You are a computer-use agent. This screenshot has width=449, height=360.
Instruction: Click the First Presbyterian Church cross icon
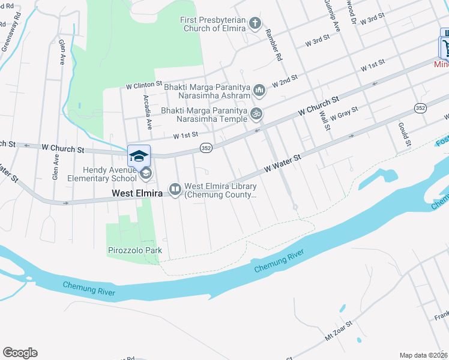tap(255, 24)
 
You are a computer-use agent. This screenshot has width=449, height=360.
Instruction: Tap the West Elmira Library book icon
tap(175, 190)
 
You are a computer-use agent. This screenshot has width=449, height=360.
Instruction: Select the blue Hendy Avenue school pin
tap(139, 156)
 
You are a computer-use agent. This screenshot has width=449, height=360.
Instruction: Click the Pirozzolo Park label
tap(135, 250)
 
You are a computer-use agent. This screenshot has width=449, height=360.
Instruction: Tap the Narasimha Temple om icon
tap(256, 113)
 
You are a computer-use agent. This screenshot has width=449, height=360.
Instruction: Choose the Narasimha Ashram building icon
tap(259, 91)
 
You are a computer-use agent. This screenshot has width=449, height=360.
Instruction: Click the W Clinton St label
tap(144, 86)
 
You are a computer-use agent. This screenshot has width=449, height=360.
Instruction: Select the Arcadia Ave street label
tap(146, 112)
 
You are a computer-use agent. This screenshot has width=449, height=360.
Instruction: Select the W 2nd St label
tap(285, 81)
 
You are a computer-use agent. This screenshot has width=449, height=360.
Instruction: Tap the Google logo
tap(20, 353)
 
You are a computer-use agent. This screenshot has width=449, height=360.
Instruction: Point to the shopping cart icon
tap(444, 47)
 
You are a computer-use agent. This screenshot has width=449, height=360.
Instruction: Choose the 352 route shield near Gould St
tap(419, 108)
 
